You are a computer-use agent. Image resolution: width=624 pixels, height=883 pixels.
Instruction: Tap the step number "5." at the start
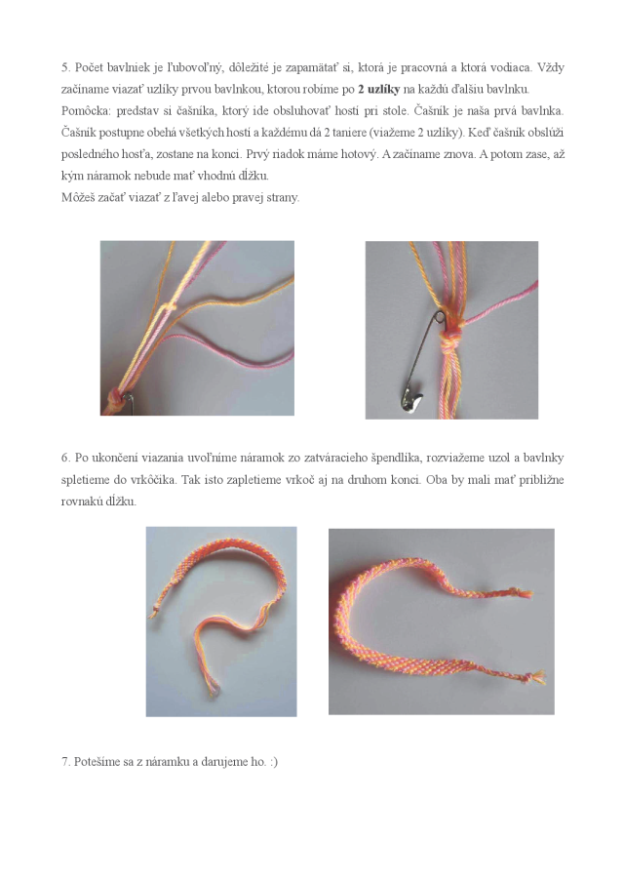(x=66, y=68)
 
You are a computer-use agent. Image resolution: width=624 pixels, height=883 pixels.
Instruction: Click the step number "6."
(x=66, y=459)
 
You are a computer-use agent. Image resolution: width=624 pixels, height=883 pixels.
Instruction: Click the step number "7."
(x=66, y=762)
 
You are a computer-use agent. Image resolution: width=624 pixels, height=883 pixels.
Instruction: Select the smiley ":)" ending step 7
(x=273, y=762)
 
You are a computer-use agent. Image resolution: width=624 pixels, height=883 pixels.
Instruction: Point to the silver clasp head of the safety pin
(x=411, y=398)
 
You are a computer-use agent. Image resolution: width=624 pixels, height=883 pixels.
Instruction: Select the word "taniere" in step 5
(x=349, y=133)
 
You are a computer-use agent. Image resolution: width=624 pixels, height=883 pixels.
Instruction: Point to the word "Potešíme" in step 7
(x=97, y=762)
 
